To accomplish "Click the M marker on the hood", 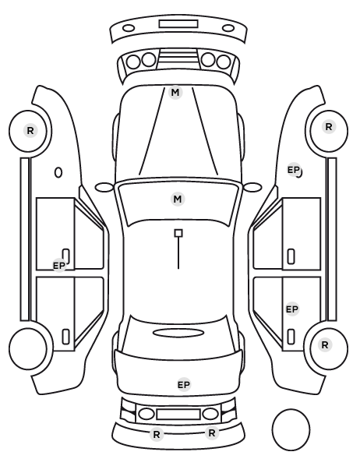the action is tap(175, 93).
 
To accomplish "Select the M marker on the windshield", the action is tap(178, 199).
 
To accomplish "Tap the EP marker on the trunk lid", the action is tap(184, 385).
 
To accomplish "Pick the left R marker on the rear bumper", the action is tap(157, 435).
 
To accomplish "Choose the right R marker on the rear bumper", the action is tap(211, 433).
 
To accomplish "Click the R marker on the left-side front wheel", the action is tap(30, 130).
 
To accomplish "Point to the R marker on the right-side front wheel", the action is tap(329, 127).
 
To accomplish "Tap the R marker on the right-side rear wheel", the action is tap(325, 345).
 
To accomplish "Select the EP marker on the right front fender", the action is tap(294, 170).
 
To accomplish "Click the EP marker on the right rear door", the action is tap(292, 309).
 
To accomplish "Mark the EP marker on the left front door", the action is tap(59, 266).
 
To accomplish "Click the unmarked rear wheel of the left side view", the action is tap(28, 348).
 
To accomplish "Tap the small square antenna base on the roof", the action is tap(178, 233).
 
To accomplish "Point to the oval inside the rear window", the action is tap(178, 333).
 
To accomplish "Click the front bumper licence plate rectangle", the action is tap(178, 24).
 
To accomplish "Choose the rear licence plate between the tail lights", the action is tap(178, 414).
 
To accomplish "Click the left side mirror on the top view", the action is tap(104, 187).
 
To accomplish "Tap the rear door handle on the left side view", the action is tap(65, 337).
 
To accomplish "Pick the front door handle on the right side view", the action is tap(291, 256).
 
